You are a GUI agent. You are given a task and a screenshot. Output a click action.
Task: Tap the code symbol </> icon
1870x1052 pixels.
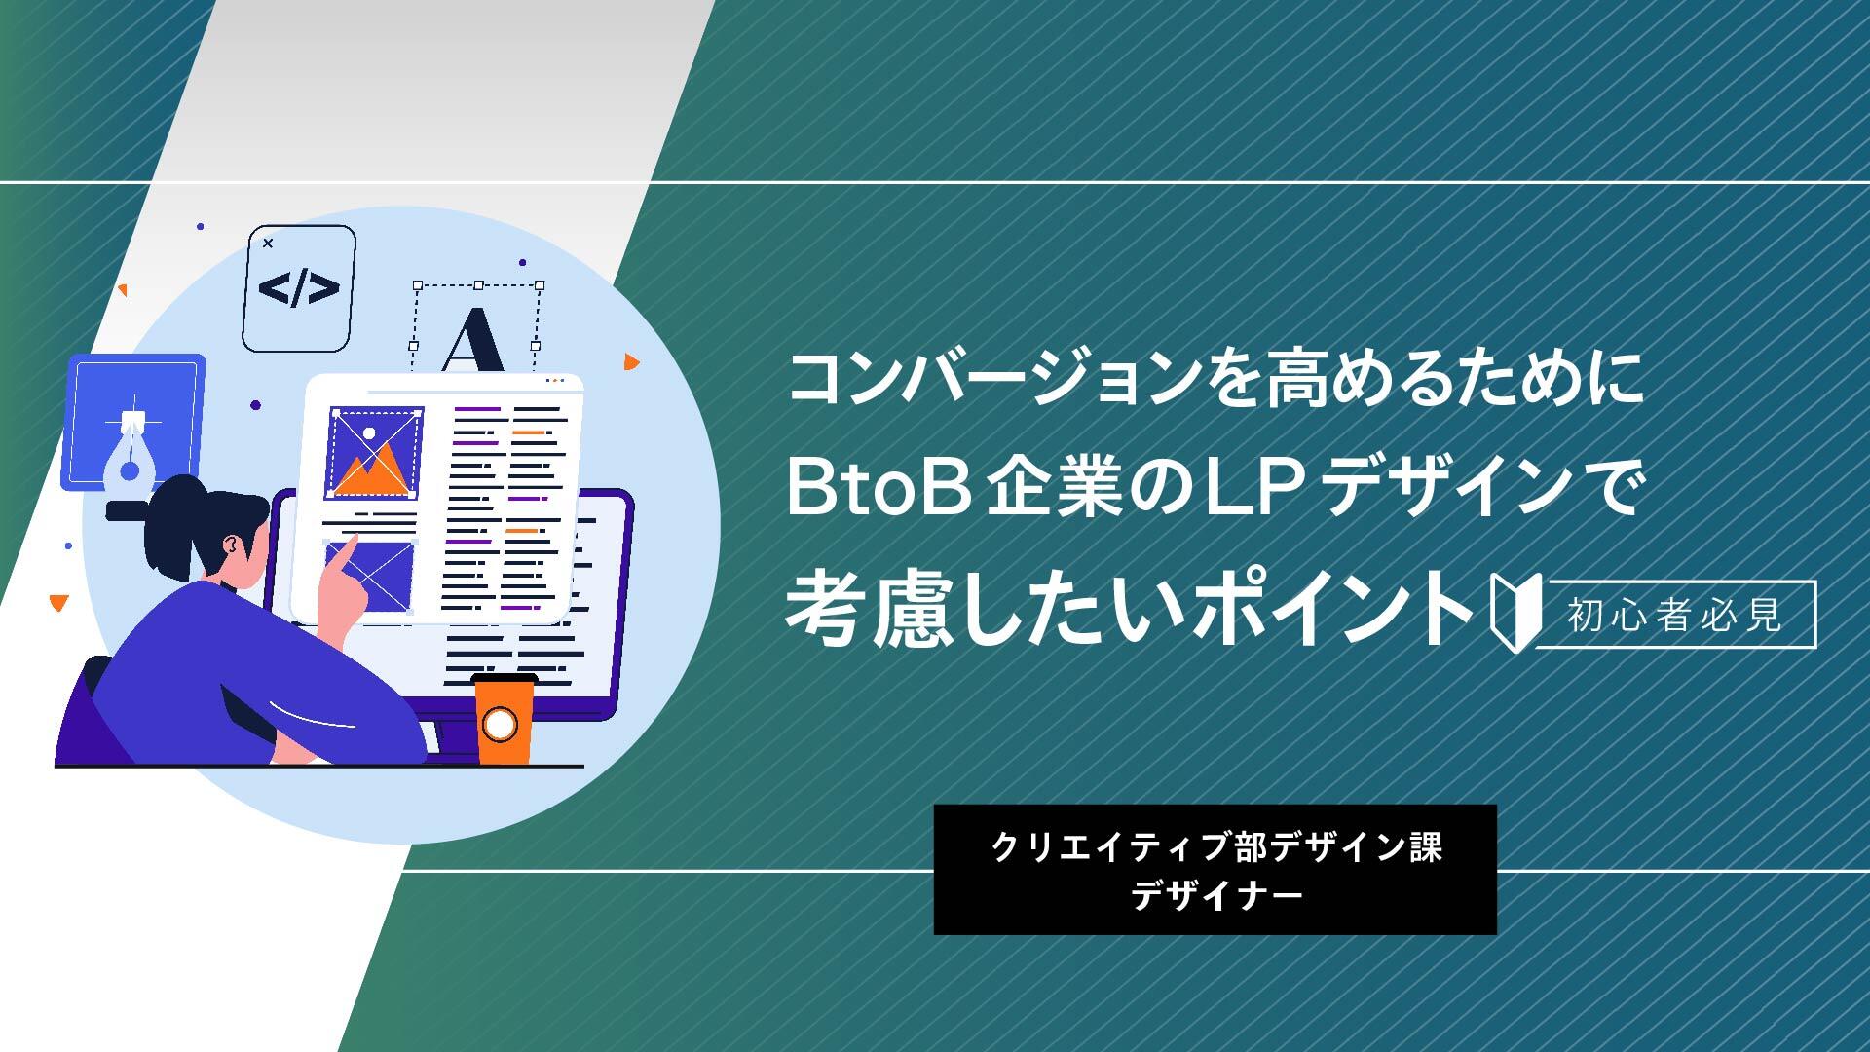[299, 288]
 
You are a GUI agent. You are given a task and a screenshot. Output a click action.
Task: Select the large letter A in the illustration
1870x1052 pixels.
[473, 340]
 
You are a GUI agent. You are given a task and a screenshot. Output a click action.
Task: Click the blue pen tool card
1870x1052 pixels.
[133, 422]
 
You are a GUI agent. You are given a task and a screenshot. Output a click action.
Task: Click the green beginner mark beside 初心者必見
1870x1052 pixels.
[1513, 615]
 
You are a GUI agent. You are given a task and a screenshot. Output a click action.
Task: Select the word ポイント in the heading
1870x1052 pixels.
[1334, 612]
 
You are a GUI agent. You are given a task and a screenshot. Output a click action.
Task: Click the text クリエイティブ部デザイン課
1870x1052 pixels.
[1215, 847]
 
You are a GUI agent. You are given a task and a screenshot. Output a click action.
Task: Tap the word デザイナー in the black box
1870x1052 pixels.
[1215, 894]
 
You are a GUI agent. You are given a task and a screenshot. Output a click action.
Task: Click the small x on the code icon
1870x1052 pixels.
[269, 244]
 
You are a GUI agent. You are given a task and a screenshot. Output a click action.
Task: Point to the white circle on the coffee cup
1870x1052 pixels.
[500, 724]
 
